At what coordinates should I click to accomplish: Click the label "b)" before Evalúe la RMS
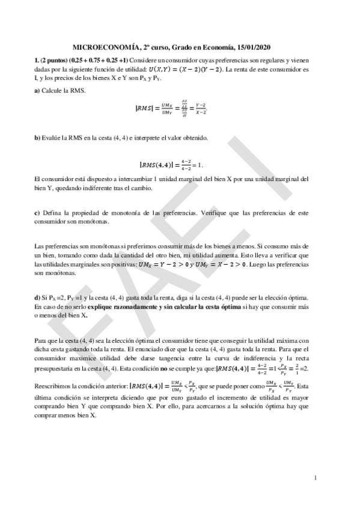[x=38, y=138]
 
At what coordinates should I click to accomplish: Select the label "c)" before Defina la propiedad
[x=38, y=214]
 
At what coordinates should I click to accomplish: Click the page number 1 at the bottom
[x=316, y=478]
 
